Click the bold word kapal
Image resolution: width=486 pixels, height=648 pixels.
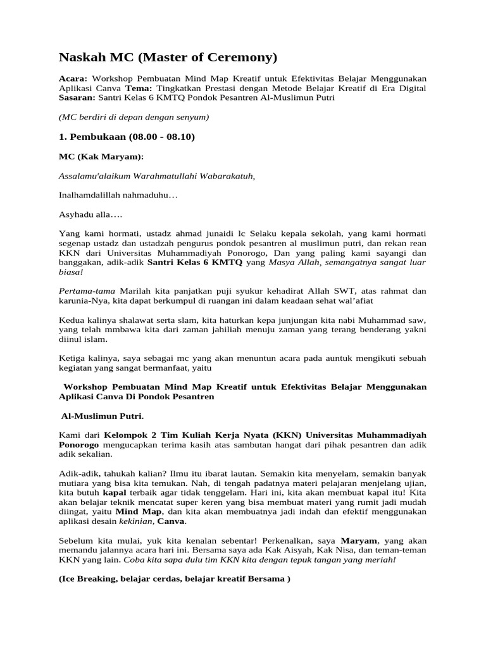115,493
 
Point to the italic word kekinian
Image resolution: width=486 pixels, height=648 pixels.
137,521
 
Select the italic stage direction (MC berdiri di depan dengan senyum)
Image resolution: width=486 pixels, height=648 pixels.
134,117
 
